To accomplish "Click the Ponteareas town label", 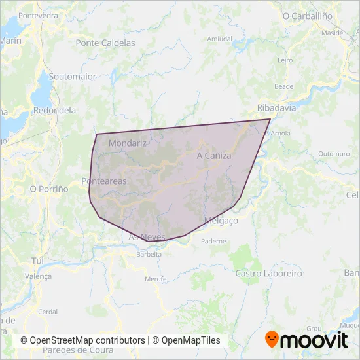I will (x=104, y=181).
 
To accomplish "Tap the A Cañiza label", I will (x=214, y=156).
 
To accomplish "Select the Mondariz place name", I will (x=128, y=143).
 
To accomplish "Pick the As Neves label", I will (x=147, y=236).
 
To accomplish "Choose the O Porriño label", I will (x=49, y=189).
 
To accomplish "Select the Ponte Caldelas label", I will (x=105, y=43).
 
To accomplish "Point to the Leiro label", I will (x=285, y=60).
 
